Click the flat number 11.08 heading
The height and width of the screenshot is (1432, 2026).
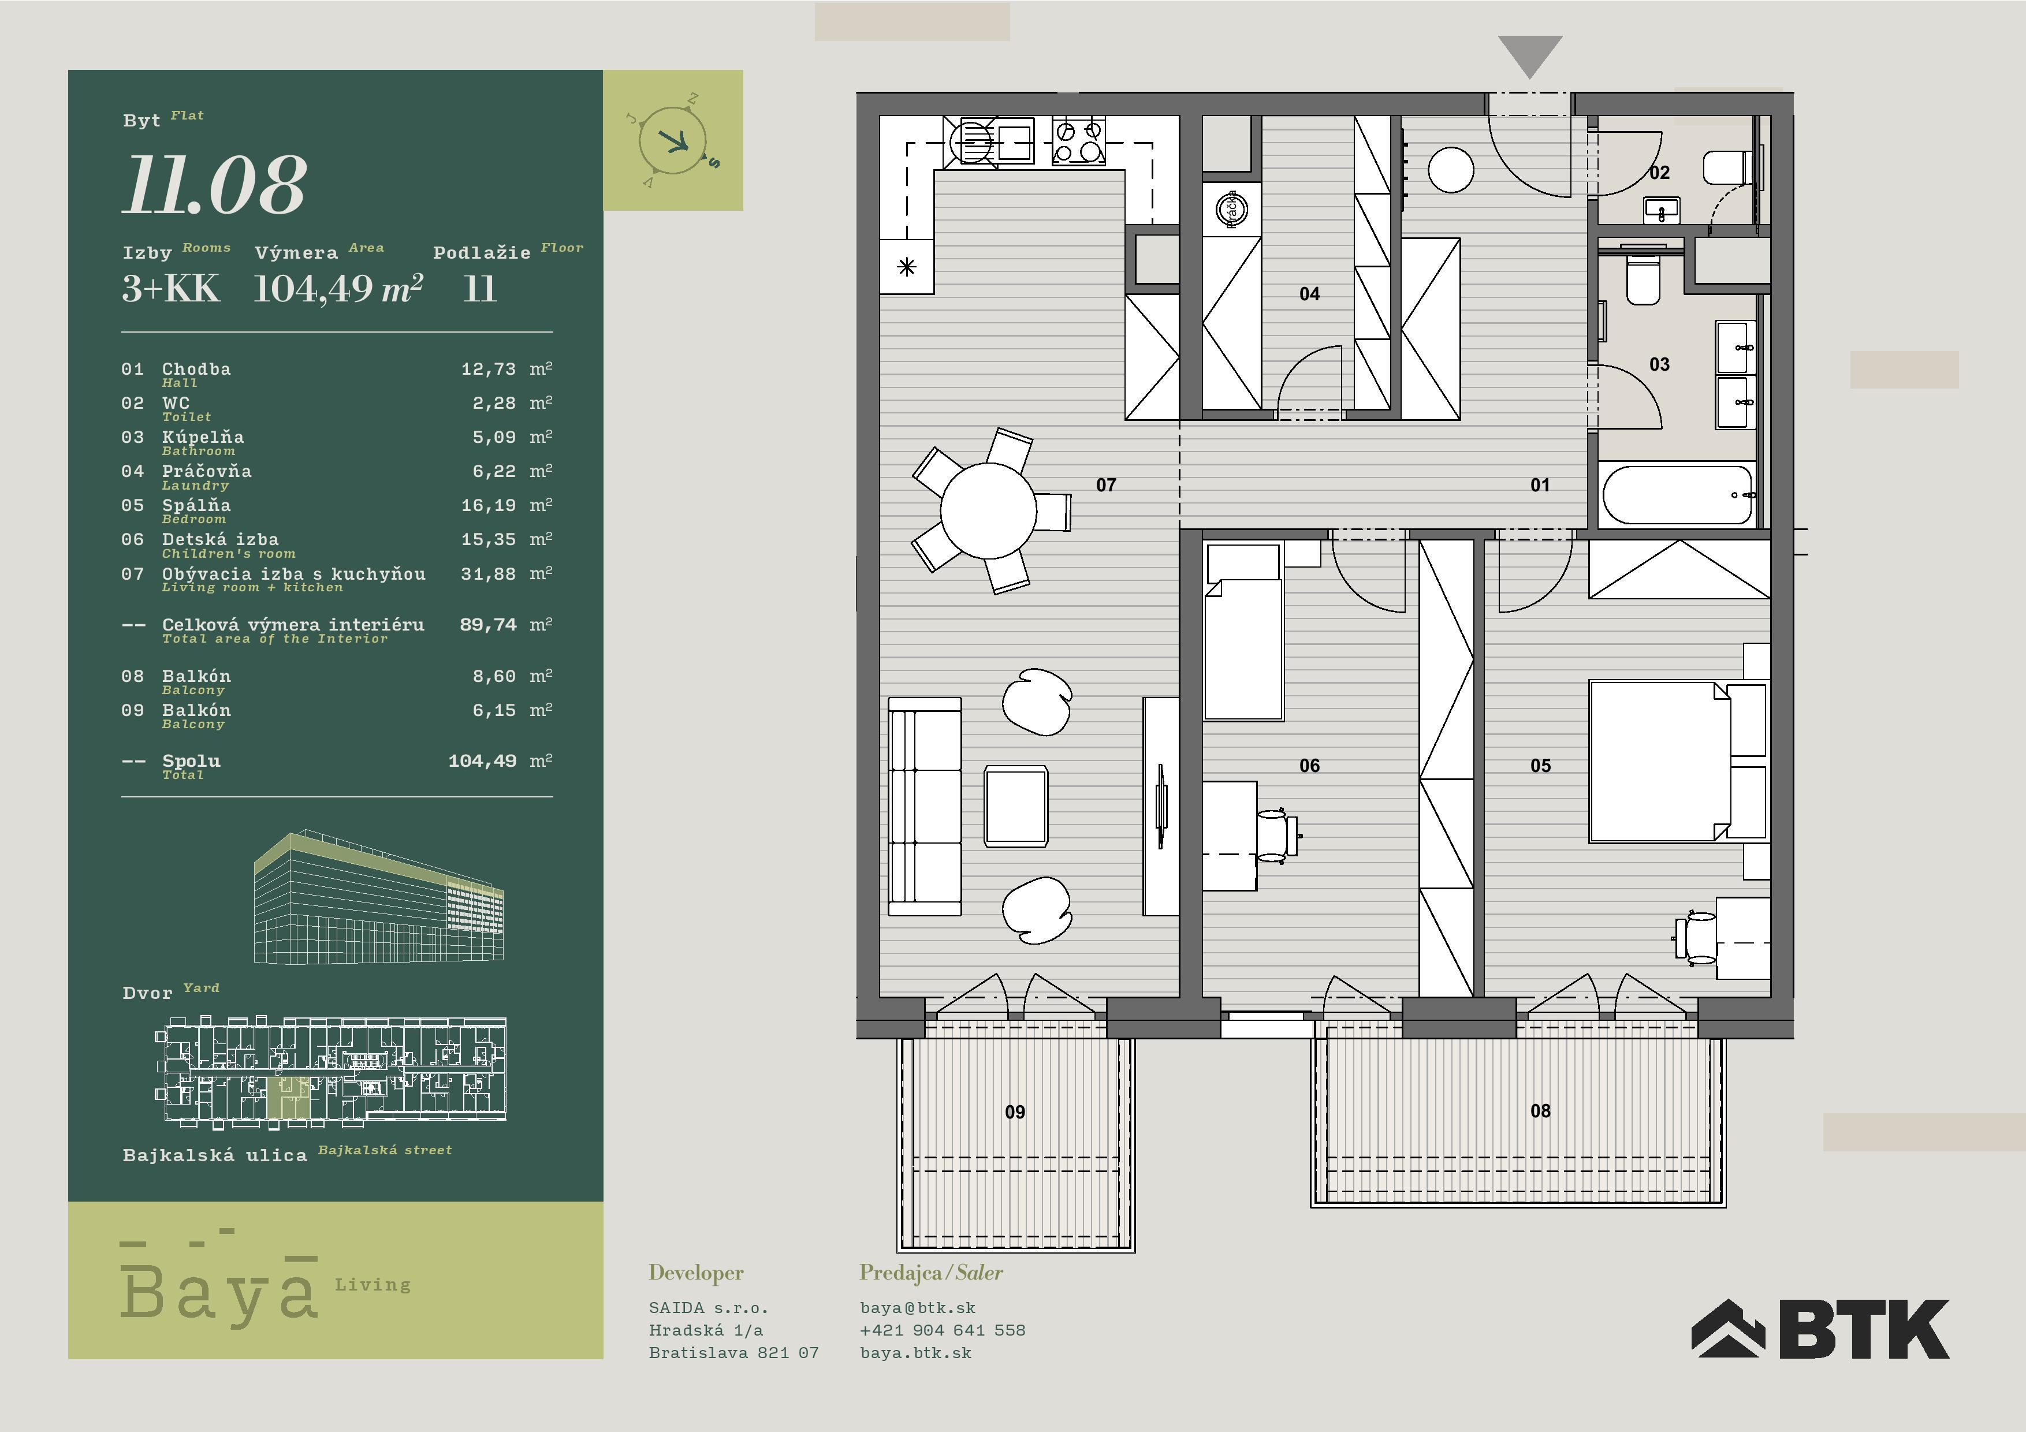(x=214, y=185)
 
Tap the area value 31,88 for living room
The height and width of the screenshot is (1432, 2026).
(x=488, y=575)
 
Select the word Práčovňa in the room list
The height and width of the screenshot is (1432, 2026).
(x=207, y=471)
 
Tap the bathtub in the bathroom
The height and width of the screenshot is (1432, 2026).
(x=1677, y=495)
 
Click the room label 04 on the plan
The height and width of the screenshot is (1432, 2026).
(x=1309, y=294)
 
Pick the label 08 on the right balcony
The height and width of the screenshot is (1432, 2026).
(x=1540, y=1111)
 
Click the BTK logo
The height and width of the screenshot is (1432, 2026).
(x=1820, y=1328)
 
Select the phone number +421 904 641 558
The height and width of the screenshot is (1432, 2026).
(x=943, y=1330)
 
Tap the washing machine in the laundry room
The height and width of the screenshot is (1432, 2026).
(x=1231, y=209)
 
